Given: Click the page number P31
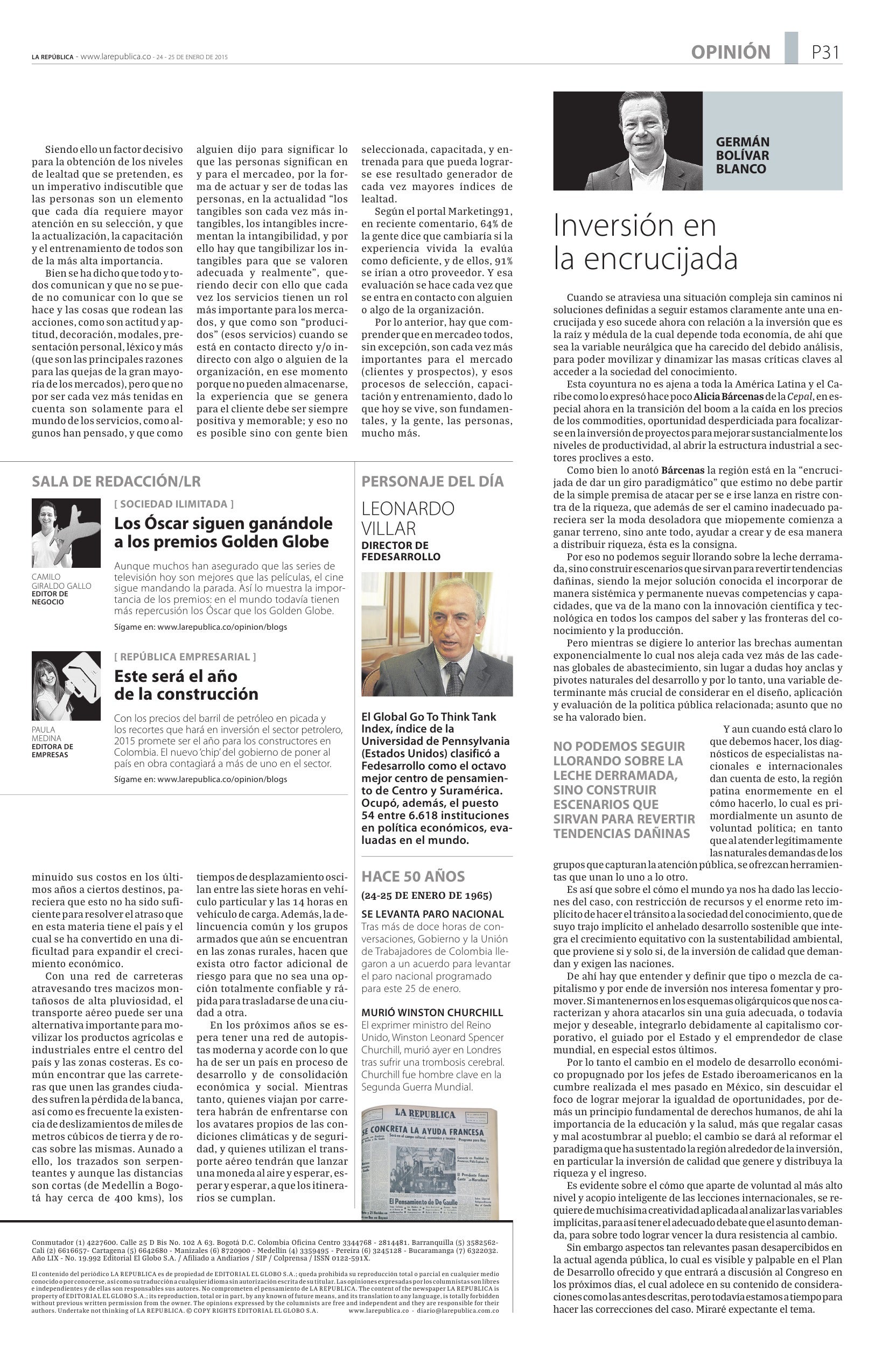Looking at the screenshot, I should click(x=825, y=53).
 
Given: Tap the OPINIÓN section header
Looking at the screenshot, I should click(x=730, y=53).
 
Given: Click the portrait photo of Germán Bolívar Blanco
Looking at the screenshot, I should click(x=627, y=140).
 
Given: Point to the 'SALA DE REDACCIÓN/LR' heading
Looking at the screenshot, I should click(x=116, y=482).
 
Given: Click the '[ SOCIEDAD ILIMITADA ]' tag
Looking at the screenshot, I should click(x=173, y=504).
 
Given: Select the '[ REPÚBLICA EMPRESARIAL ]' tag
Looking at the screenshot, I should click(x=185, y=657).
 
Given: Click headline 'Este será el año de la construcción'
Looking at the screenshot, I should click(x=186, y=685).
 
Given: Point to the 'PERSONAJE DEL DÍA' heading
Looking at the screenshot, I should click(x=432, y=482).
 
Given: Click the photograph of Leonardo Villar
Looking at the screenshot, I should click(x=437, y=633).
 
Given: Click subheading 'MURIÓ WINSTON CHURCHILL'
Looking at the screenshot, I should click(x=432, y=1013).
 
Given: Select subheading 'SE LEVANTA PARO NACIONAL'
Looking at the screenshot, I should click(x=432, y=914).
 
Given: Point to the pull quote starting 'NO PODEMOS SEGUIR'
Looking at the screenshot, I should click(x=624, y=790).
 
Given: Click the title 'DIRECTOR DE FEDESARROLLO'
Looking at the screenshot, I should click(x=401, y=551).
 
